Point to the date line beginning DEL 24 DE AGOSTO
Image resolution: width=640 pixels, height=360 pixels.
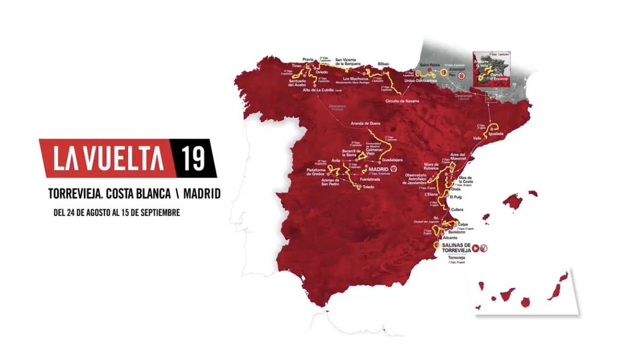(x=117, y=212)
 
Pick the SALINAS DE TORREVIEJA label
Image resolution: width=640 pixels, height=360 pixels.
(x=457, y=248)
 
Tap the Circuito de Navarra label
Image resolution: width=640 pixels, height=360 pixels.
(x=403, y=100)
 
